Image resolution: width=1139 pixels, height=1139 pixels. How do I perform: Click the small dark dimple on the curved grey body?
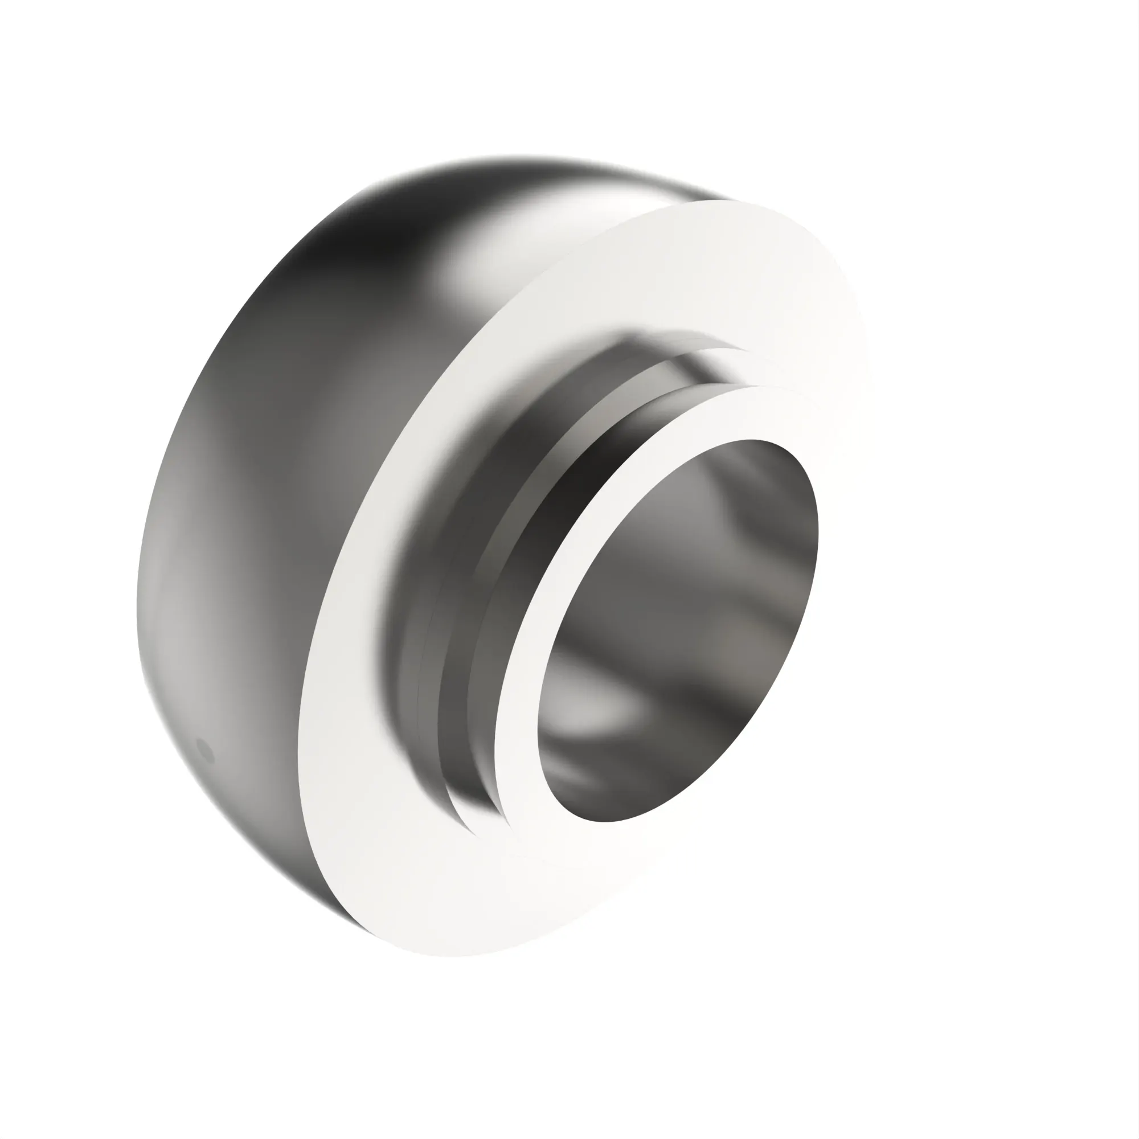(205, 751)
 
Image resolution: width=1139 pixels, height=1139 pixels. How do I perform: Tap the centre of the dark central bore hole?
(678, 631)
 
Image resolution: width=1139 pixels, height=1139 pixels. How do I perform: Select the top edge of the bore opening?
(755, 440)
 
